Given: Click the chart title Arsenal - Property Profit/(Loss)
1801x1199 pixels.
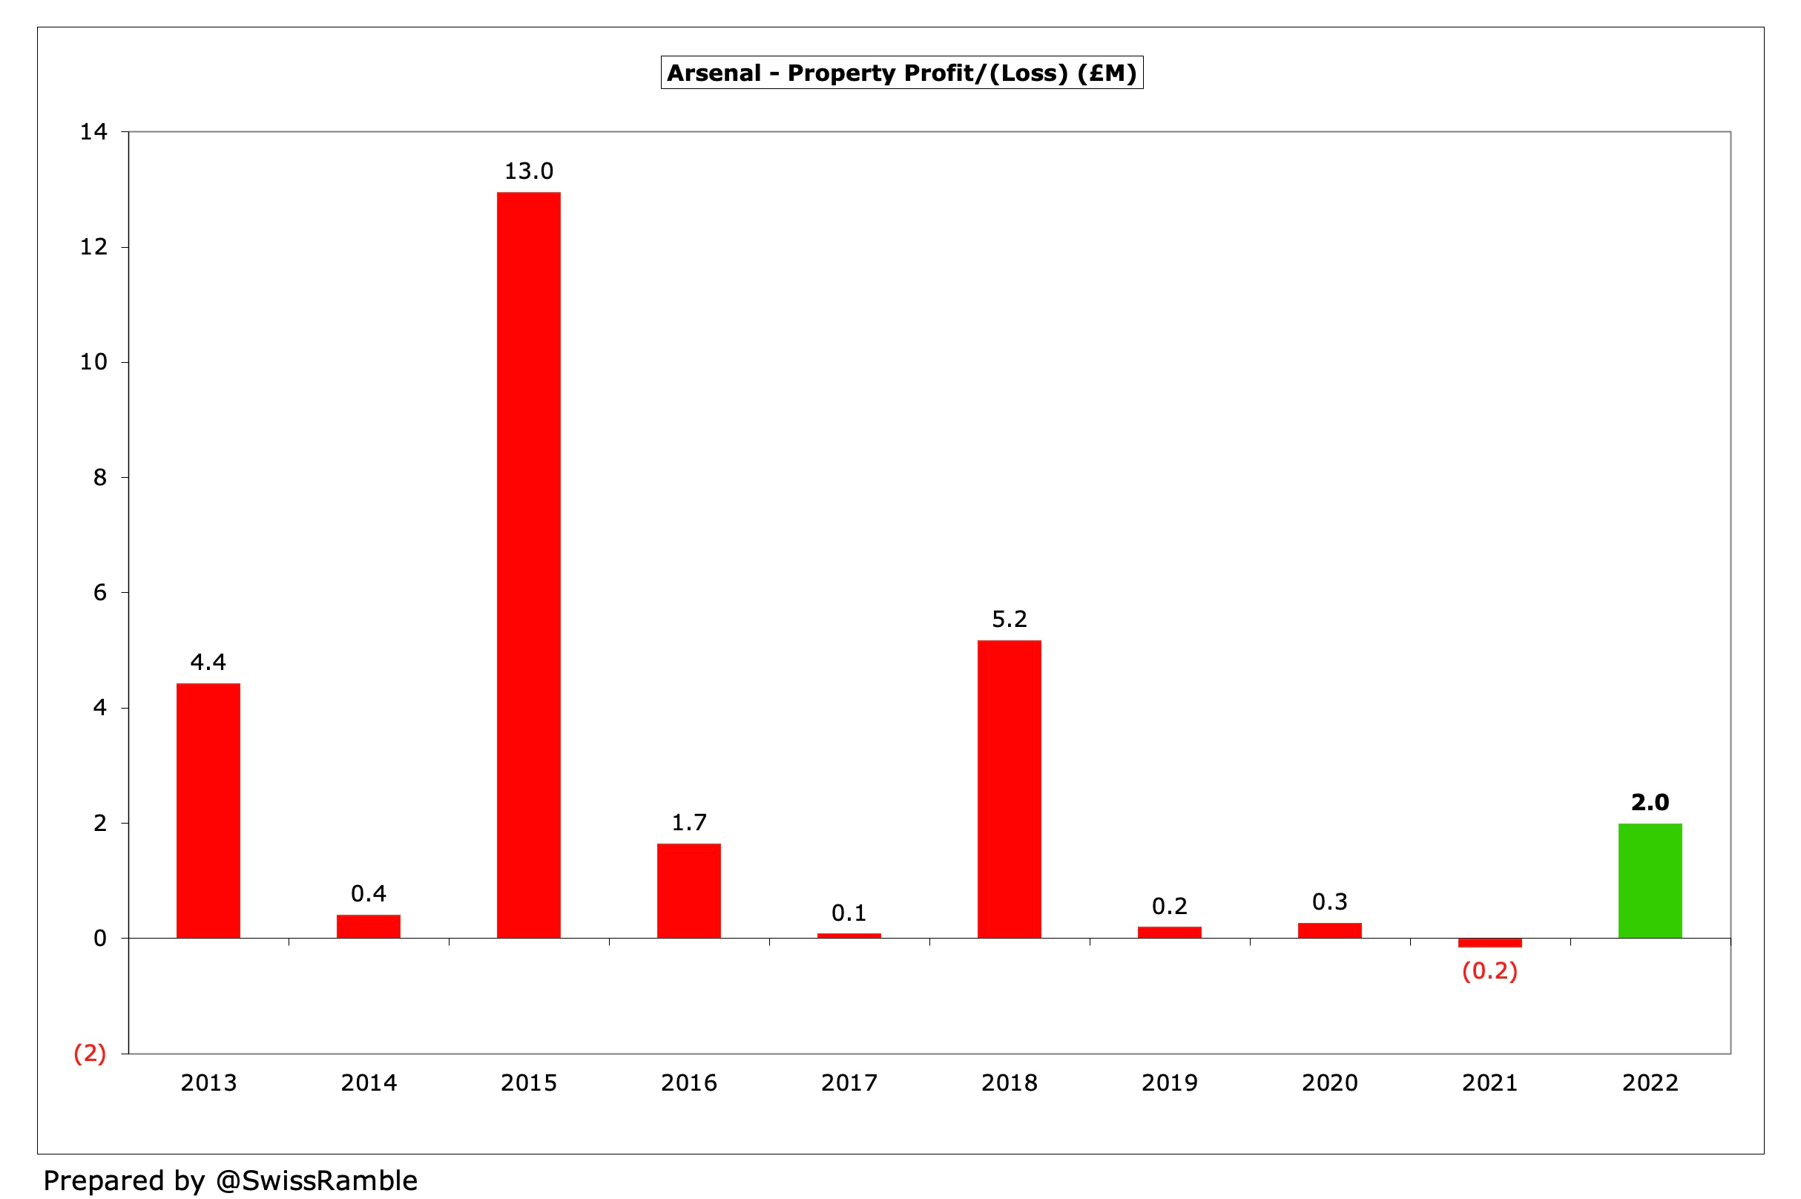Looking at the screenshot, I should (x=901, y=73).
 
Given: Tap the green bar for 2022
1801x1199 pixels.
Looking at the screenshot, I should (x=1650, y=880).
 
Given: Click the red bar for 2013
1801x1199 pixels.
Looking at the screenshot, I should (x=208, y=809).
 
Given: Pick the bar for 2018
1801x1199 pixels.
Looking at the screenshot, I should (x=1009, y=789).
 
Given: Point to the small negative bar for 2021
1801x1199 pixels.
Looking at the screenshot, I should (x=1489, y=943).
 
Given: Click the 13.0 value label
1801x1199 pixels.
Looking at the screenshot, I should (x=528, y=171).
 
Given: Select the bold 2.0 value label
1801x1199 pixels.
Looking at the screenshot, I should (x=1650, y=802).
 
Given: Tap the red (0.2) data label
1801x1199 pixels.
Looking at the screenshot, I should (x=1489, y=971).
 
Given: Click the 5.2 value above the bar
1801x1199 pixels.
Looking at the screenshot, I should (x=1009, y=619).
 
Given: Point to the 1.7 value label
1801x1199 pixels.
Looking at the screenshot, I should (x=689, y=822).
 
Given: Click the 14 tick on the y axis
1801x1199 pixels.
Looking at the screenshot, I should (x=93, y=131).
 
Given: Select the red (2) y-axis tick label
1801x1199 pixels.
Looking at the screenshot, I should (x=90, y=1053).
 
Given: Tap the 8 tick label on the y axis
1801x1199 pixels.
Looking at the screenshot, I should (x=99, y=477).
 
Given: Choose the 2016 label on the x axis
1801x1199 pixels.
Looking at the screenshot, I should (x=689, y=1083).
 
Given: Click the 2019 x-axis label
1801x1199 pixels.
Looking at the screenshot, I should (x=1169, y=1083).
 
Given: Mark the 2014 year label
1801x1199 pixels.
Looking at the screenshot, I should (x=369, y=1083).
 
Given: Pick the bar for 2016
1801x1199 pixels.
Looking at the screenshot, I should (x=689, y=890).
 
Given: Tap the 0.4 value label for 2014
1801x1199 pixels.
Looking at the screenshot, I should (x=369, y=893).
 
